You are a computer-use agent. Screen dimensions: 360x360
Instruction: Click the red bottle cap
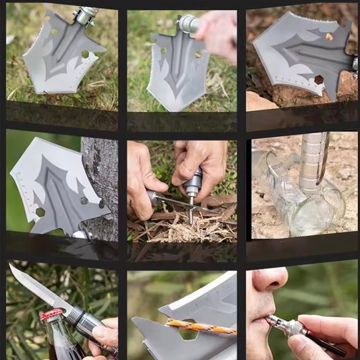tap(51, 315)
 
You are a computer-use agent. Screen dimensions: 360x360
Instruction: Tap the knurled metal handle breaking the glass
tap(313, 162)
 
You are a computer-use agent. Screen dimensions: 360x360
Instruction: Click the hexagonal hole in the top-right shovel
tap(319, 80)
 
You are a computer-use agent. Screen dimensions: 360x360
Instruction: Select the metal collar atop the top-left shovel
tap(85, 16)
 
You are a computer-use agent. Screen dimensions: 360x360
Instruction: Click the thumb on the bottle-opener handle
tap(101, 335)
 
